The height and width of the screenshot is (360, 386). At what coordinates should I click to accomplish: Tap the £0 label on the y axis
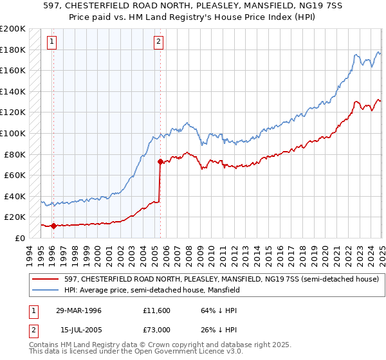[x=20, y=238]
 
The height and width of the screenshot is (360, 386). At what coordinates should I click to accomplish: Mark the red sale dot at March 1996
[x=54, y=226]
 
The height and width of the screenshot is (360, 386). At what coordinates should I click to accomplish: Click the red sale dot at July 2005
[x=160, y=161]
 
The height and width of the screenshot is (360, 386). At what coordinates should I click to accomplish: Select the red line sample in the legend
[x=46, y=279]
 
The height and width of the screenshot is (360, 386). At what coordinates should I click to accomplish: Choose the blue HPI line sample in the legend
[x=46, y=291]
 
